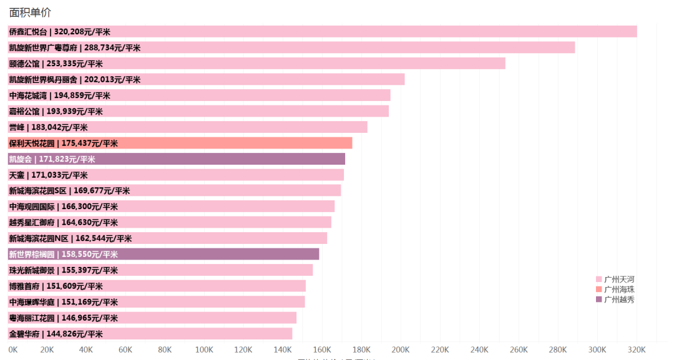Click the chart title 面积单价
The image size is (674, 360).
pyautogui.click(x=30, y=11)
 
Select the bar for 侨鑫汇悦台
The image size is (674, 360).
pyautogui.click(x=374, y=32)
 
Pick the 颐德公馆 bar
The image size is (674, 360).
pyautogui.click(x=312, y=64)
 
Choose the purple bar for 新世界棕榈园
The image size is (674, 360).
pyautogui.click(x=218, y=254)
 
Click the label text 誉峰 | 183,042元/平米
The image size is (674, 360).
pyautogui.click(x=48, y=127)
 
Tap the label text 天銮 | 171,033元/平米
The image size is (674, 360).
pyautogui.click(x=48, y=175)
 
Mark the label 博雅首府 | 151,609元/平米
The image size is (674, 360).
pyautogui.click(x=56, y=286)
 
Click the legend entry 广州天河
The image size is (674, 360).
pyautogui.click(x=615, y=280)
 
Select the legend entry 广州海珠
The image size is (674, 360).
pyautogui.click(x=615, y=289)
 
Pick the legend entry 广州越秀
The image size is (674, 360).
pyautogui.click(x=615, y=299)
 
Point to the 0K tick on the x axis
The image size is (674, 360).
pyautogui.click(x=12, y=349)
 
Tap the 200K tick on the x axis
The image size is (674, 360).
pyautogui.click(x=401, y=349)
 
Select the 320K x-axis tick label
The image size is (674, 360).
pyautogui.click(x=637, y=349)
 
